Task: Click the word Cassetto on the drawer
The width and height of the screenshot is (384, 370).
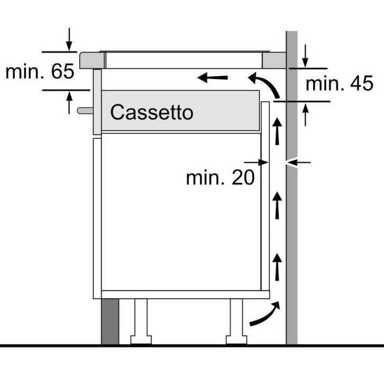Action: point(152,112)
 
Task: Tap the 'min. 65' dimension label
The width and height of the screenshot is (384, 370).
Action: point(40,71)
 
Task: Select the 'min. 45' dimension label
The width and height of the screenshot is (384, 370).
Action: point(340,83)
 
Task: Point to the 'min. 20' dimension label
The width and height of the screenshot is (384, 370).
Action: point(221,178)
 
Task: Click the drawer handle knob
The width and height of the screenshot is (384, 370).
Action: point(85,110)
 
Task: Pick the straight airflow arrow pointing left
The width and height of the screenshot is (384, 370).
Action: point(213,78)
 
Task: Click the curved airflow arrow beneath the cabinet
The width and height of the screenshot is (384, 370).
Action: point(265,314)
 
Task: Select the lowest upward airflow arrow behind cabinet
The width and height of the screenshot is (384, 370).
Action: point(277,267)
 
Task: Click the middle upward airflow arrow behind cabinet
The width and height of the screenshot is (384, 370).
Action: point(277,205)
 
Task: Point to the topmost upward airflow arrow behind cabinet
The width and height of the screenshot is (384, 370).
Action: point(277,131)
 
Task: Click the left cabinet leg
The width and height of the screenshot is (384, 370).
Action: point(141,321)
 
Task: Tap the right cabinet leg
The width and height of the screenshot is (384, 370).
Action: point(236,321)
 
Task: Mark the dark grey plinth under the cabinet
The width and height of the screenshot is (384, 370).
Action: point(110,321)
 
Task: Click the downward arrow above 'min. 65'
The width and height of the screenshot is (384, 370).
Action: point(69,39)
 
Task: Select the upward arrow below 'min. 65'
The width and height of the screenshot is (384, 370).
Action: point(69,103)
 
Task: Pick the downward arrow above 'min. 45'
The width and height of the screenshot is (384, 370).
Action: point(305,56)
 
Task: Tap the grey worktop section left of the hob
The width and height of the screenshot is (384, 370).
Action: point(92,60)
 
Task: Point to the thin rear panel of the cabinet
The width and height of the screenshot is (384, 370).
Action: point(265,196)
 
